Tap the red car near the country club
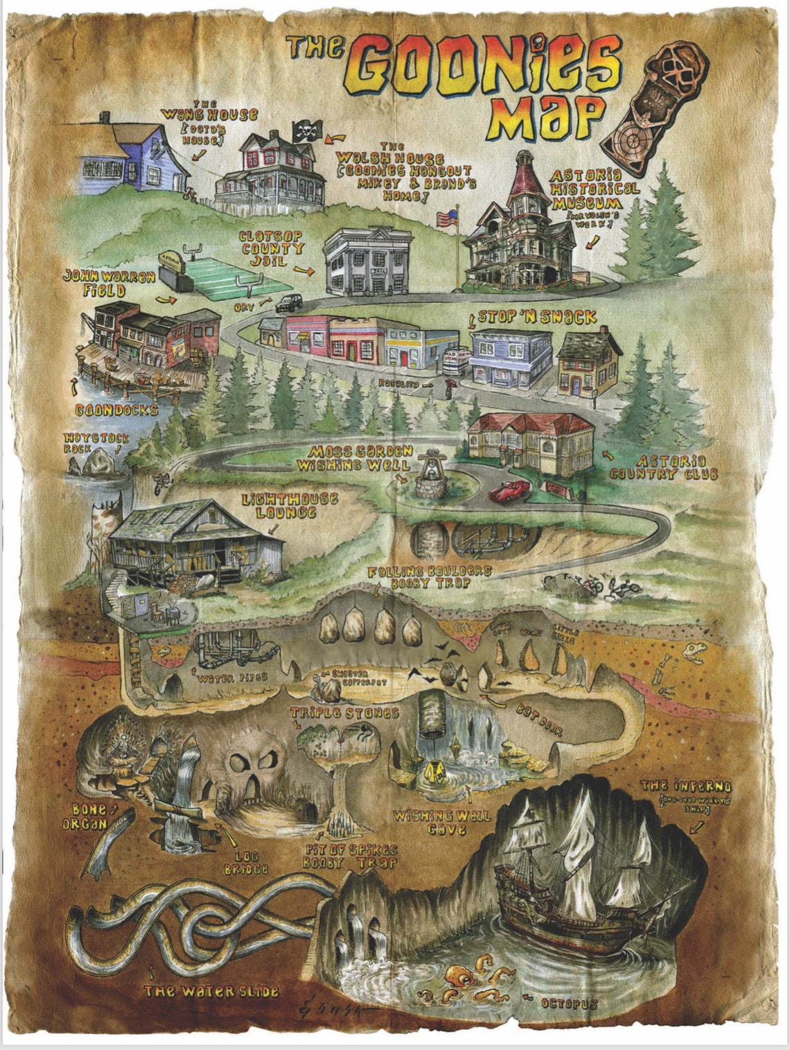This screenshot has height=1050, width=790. click(x=510, y=490)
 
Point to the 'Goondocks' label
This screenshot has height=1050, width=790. click(x=117, y=410)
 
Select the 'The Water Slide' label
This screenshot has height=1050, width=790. click(x=211, y=992)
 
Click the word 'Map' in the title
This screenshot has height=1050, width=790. click(x=545, y=118)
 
